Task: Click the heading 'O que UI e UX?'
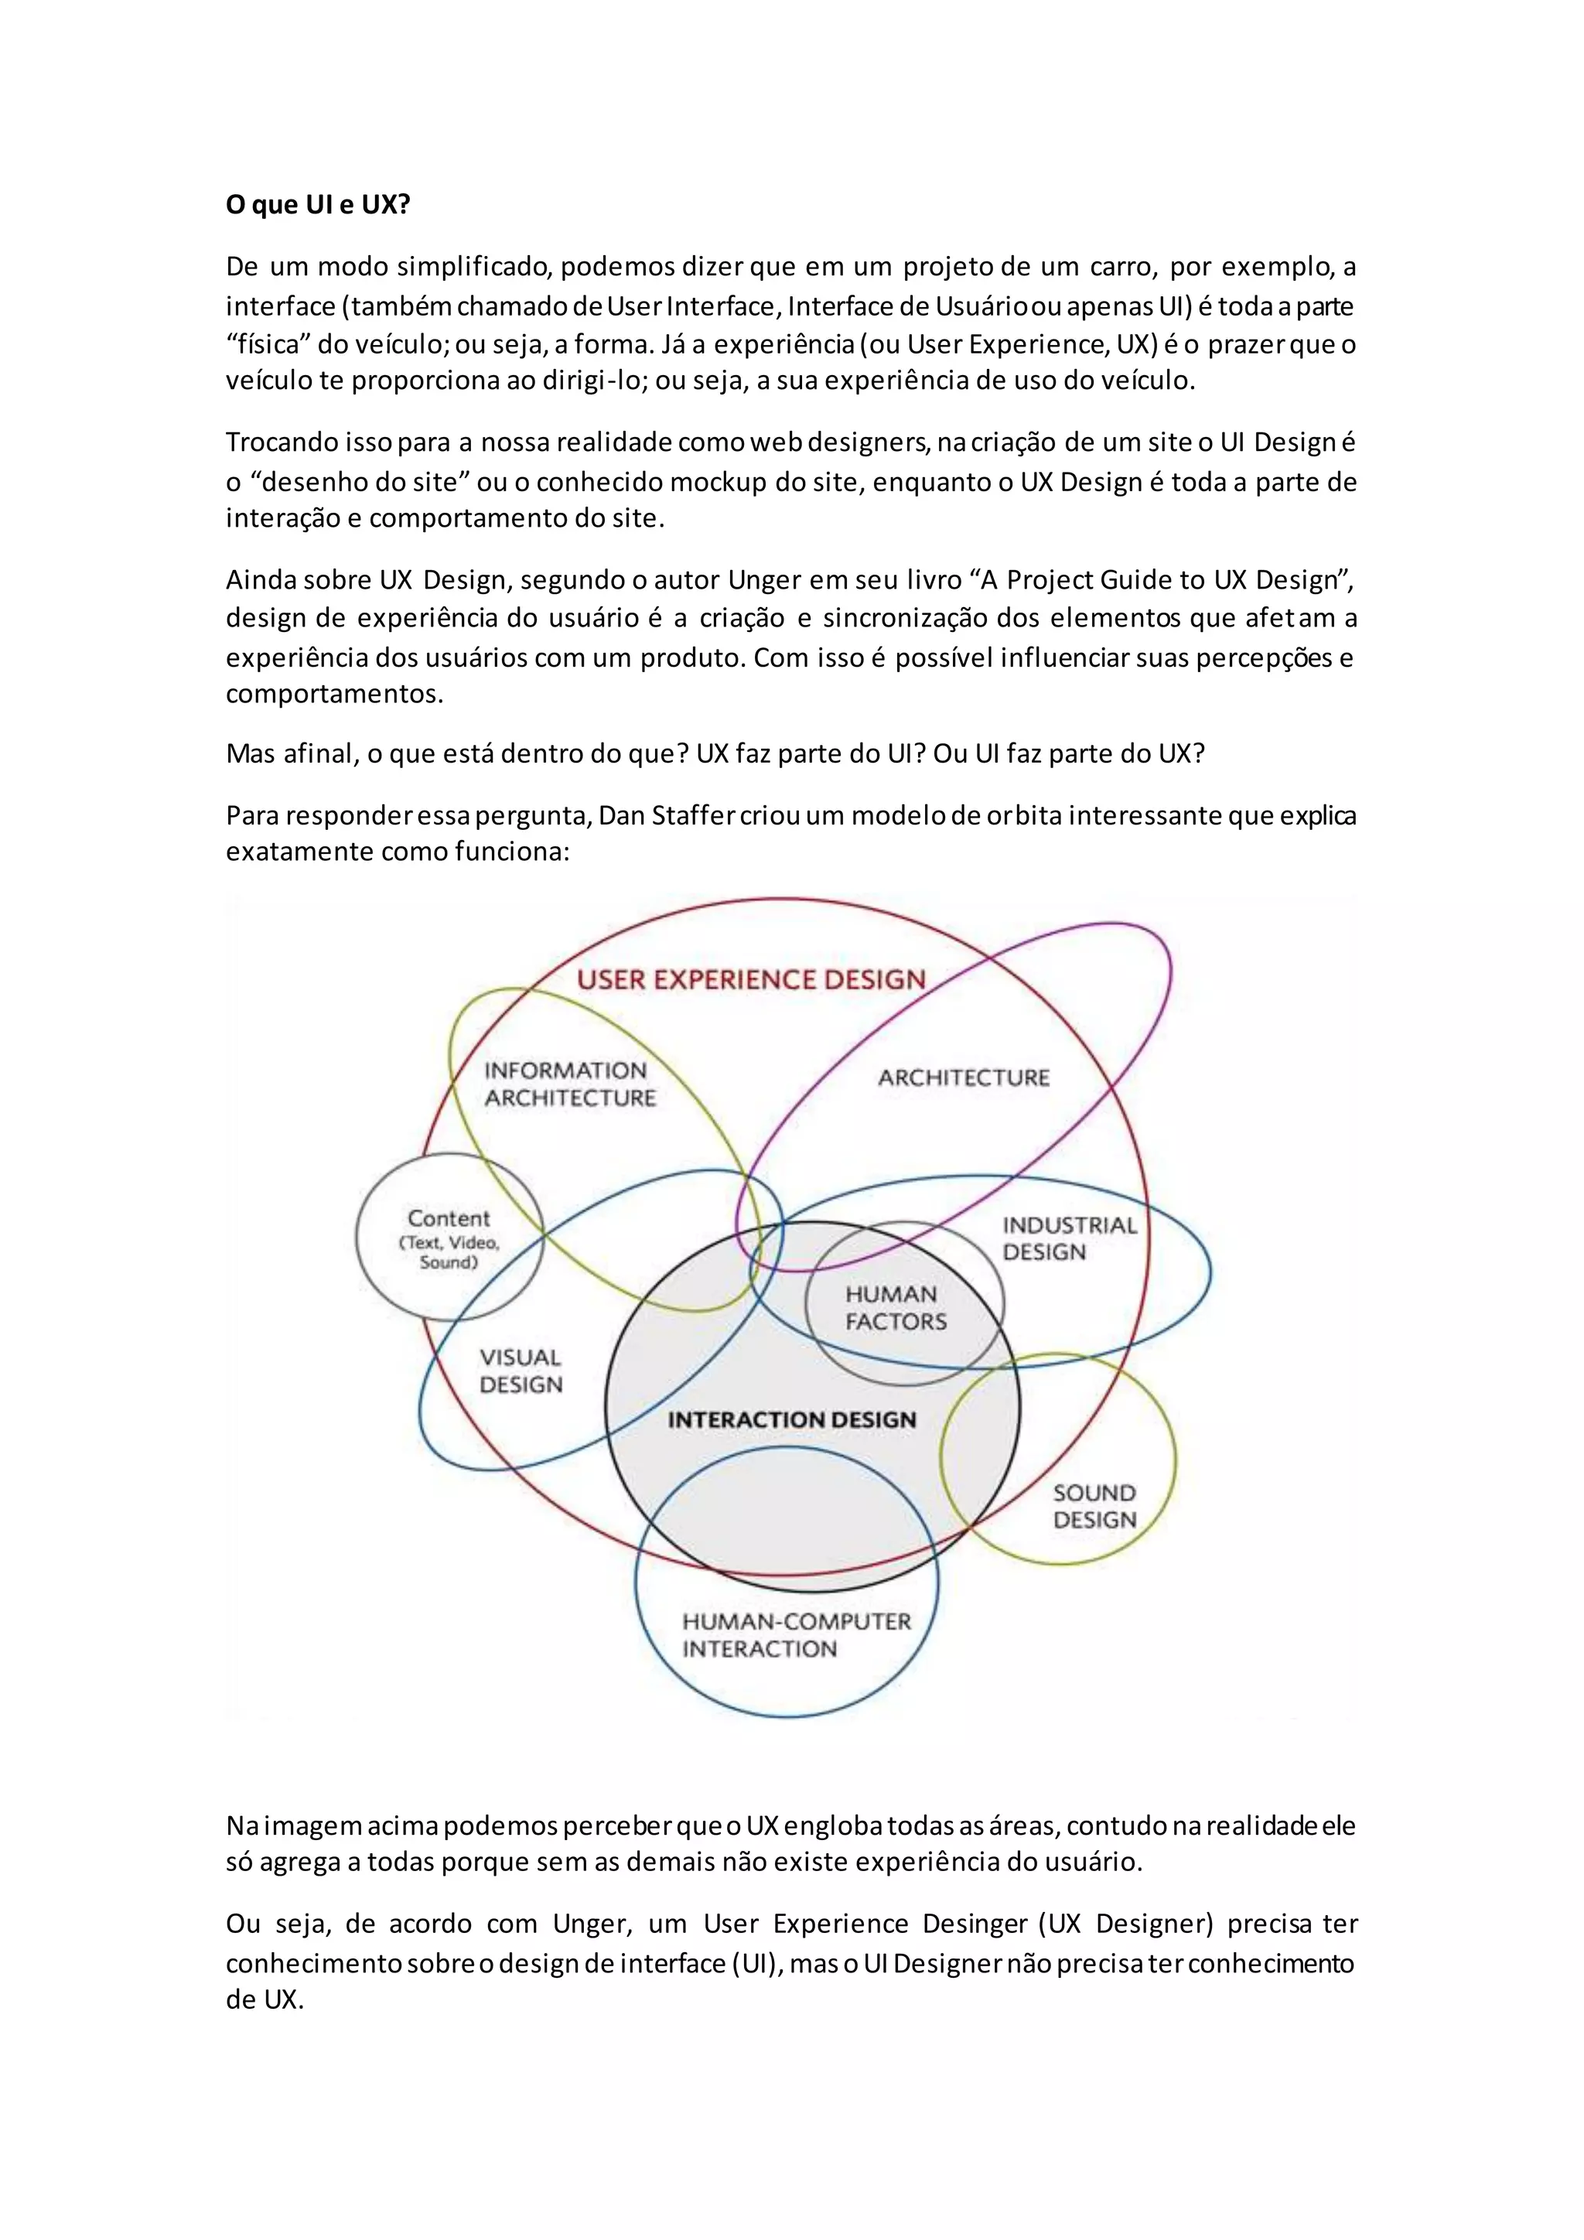(x=318, y=205)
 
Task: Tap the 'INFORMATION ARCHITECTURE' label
(x=569, y=1084)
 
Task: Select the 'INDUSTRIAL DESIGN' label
(x=1069, y=1238)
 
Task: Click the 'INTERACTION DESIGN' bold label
(x=792, y=1419)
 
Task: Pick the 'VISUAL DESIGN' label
(x=521, y=1371)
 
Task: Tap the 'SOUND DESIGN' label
(x=1094, y=1505)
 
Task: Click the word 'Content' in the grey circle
(x=449, y=1218)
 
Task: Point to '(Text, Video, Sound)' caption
(x=449, y=1253)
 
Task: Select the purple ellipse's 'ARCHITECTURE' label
(x=964, y=1078)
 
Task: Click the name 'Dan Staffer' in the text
(x=665, y=815)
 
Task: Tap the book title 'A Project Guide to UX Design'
(x=1158, y=580)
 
